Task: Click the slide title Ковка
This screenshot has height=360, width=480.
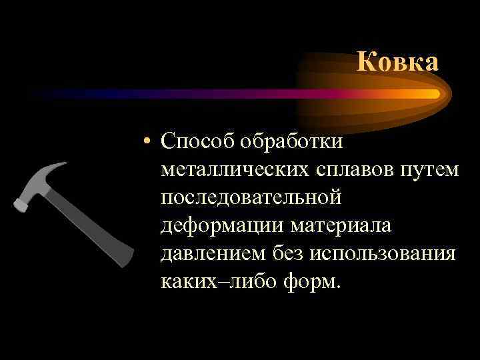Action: click(397, 62)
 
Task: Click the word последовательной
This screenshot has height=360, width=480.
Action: click(251, 198)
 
